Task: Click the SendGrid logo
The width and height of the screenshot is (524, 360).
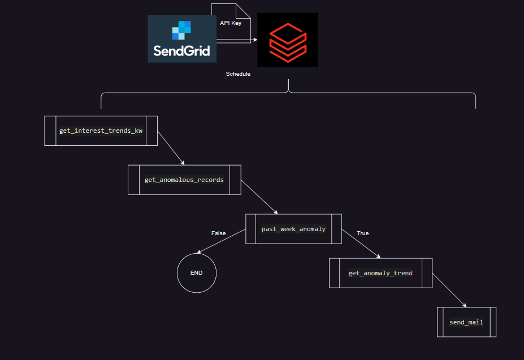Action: [x=182, y=39]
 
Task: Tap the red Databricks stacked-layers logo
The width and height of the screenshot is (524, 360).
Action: [x=287, y=40]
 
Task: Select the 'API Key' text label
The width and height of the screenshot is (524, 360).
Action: [x=231, y=23]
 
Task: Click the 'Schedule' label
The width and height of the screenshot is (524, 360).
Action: [x=238, y=74]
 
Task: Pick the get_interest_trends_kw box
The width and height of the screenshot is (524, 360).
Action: [x=101, y=131]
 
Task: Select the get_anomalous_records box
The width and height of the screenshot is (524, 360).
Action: [x=184, y=180]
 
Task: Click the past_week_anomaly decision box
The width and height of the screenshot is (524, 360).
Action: [x=293, y=229]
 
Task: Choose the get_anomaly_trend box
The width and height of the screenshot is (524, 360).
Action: [x=380, y=273]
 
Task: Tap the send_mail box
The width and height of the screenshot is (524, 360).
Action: [x=466, y=322]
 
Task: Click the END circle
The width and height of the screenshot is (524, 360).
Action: [x=197, y=273]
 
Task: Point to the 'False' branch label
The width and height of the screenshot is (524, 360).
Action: [x=218, y=233]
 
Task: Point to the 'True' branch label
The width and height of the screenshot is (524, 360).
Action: [x=362, y=233]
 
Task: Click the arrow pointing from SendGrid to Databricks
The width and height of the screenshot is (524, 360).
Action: [x=237, y=40]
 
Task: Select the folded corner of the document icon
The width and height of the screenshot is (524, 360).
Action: [x=242, y=11]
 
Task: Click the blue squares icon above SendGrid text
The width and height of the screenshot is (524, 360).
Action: [x=182, y=29]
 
